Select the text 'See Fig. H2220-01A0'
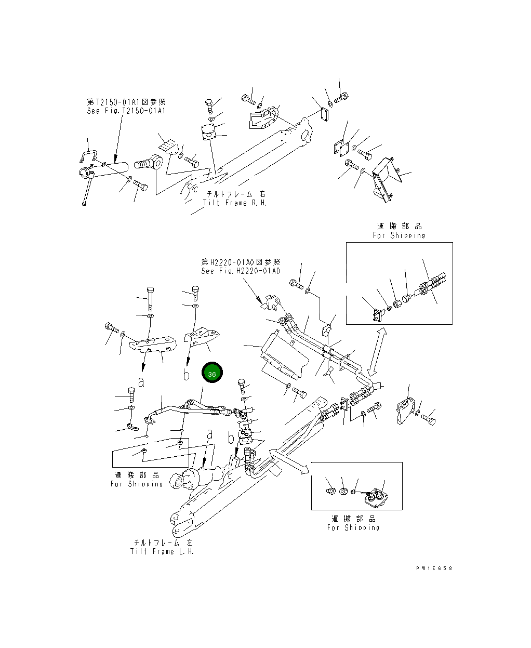point(240,271)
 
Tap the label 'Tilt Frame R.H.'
point(235,203)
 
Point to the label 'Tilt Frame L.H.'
point(162,551)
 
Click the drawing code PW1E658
point(434,568)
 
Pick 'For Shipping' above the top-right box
point(399,235)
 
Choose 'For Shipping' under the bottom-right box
point(353,527)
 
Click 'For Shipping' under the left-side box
point(137,484)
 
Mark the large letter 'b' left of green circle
point(187,375)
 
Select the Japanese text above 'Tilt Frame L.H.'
point(162,543)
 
